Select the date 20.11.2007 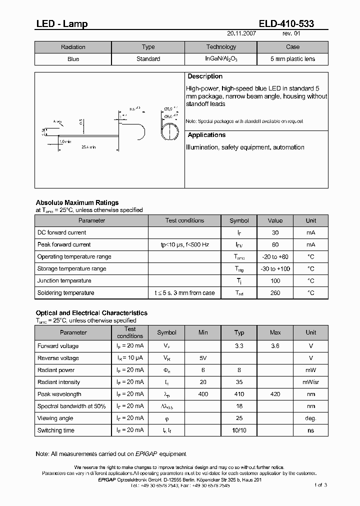pyautogui.click(x=242, y=34)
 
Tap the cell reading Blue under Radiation pyautogui.click(x=73, y=59)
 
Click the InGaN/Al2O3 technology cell pyautogui.click(x=221, y=59)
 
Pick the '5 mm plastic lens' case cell pyautogui.click(x=292, y=59)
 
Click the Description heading pyautogui.click(x=204, y=76)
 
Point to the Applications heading pyautogui.click(x=206, y=135)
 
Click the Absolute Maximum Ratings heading pyautogui.click(x=77, y=202)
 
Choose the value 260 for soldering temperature pyautogui.click(x=275, y=293)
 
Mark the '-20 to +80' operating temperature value pyautogui.click(x=275, y=257)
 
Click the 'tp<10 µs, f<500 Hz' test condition pyautogui.click(x=184, y=245)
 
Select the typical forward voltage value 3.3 pyautogui.click(x=239, y=346)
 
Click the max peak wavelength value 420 pyautogui.click(x=275, y=394)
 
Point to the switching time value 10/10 pyautogui.click(x=239, y=430)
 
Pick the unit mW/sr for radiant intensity pyautogui.click(x=310, y=382)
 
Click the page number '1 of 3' pyautogui.click(x=321, y=485)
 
